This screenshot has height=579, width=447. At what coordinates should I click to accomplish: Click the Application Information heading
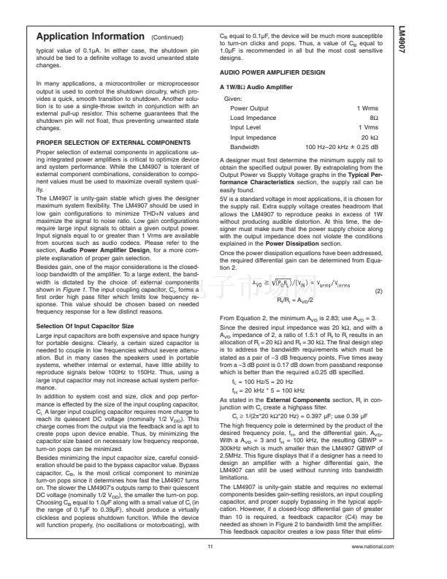[x=89, y=37]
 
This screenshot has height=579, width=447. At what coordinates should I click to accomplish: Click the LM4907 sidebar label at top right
[x=423, y=43]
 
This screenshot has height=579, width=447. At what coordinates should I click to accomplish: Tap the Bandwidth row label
[x=245, y=146]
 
